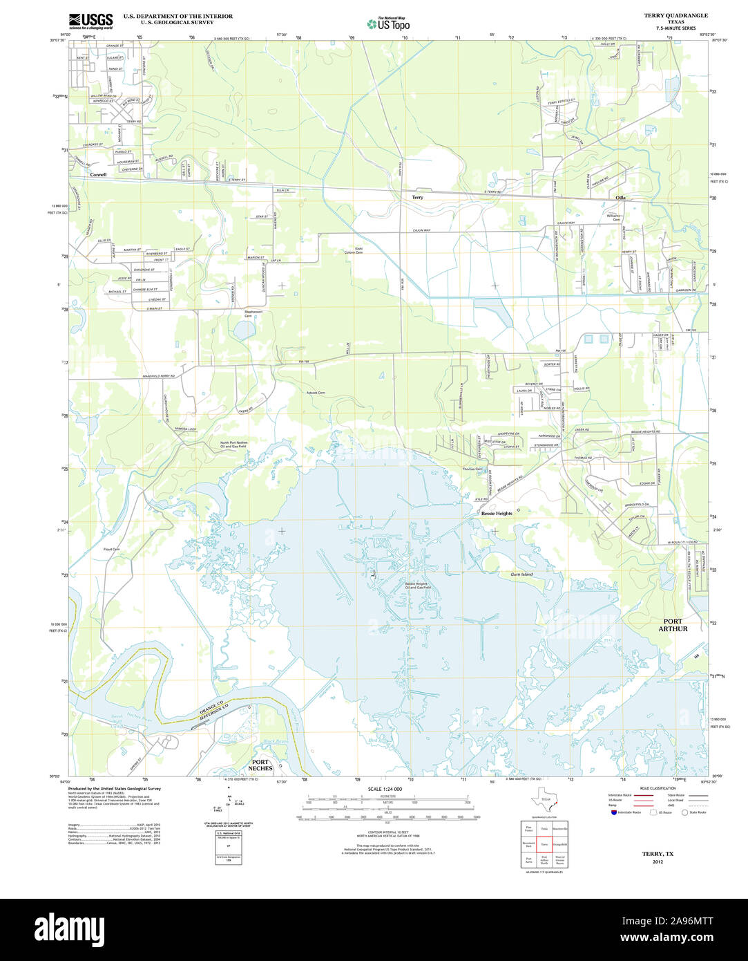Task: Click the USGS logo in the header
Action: pos(91,21)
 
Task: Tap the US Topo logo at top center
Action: pos(388,24)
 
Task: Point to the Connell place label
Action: pos(98,175)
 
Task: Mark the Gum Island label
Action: pos(521,575)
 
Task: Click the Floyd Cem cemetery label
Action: pos(111,550)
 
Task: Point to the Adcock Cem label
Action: pos(316,393)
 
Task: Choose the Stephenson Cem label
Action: pos(253,313)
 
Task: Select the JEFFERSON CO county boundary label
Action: pos(213,716)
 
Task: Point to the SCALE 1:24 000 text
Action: pos(385,789)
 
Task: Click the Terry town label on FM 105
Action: pos(417,197)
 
